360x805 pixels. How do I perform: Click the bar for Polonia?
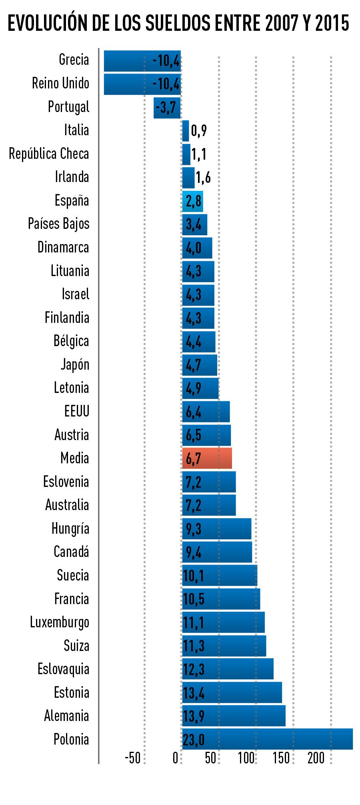pos(267,739)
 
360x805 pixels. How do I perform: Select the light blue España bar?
pos(192,201)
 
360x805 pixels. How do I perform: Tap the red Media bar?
pos(207,458)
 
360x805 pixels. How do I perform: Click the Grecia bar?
pos(142,61)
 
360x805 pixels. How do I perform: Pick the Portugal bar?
pos(167,108)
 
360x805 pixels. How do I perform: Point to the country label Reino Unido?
pos(60,84)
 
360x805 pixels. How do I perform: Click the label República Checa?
pos(49,154)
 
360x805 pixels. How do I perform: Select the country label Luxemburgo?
pos(60,622)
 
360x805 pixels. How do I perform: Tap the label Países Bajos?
pos(59,224)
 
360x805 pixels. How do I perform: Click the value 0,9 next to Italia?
pos(199,131)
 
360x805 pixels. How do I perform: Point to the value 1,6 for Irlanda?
pos(203,178)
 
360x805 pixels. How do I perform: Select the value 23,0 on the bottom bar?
pos(194,740)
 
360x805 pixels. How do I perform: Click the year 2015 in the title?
pos(332,24)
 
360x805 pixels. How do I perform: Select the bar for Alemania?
pos(234,715)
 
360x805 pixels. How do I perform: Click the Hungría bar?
pos(216,529)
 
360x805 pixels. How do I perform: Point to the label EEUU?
pos(77,411)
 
